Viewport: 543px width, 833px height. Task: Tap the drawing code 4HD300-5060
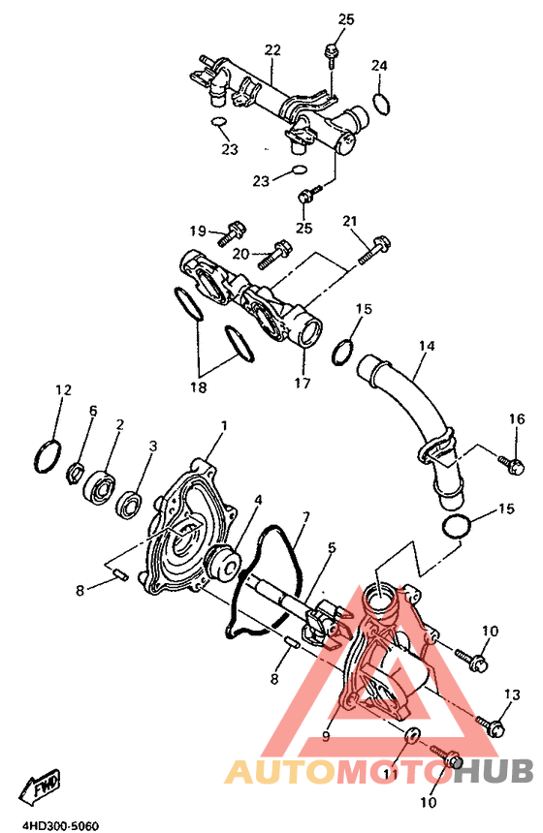click(60, 826)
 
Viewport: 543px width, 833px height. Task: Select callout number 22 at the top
click(272, 50)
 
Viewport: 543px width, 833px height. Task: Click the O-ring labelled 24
click(381, 104)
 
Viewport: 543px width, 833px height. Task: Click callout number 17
click(303, 383)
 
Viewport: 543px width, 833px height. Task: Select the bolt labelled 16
click(512, 464)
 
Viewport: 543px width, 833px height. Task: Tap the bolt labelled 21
click(375, 250)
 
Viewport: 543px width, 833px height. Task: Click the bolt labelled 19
click(230, 233)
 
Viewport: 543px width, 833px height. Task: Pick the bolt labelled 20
click(274, 255)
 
